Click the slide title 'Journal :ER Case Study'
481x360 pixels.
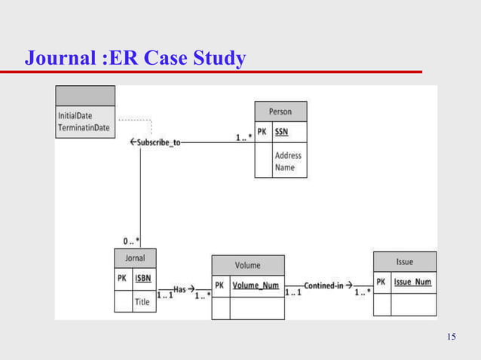pos(136,57)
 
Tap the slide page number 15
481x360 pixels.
pos(451,336)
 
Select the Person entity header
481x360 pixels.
pos(280,111)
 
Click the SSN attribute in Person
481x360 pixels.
pos(281,131)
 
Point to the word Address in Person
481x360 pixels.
pos(288,156)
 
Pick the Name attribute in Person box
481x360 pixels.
pos(285,167)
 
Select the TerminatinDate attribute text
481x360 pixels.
pos(84,128)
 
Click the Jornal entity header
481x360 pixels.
pos(135,258)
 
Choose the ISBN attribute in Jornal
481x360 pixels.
pos(142,279)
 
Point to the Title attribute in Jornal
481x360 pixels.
pos(142,302)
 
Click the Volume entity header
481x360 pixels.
pos(247,265)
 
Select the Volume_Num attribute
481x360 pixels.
pos(256,285)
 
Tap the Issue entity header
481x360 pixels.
pos(404,261)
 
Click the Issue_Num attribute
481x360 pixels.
pos(413,282)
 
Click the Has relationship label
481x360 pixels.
pos(184,288)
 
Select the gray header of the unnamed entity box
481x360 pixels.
pos(85,96)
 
